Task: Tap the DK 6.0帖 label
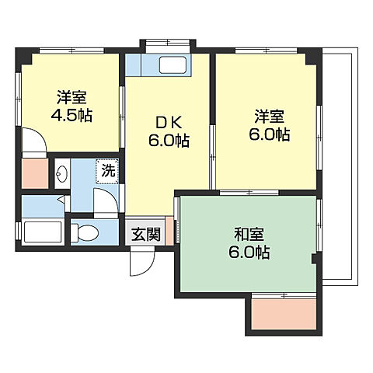(169, 132)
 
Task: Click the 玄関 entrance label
(145, 232)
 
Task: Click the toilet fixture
(85, 231)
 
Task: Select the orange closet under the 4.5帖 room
(34, 173)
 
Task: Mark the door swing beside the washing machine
(106, 199)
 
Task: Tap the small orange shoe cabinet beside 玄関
(169, 232)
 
